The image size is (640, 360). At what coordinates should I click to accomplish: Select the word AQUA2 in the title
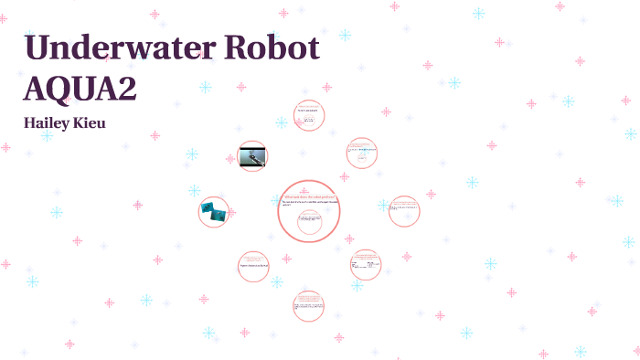tap(82, 89)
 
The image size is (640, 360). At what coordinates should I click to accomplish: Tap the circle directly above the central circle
tap(309, 116)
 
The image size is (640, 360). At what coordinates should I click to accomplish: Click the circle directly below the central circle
tap(309, 305)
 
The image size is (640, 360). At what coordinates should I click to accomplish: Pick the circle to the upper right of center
tap(362, 153)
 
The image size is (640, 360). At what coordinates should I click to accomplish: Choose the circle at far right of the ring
tap(404, 211)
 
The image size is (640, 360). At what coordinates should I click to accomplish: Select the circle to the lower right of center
tap(365, 265)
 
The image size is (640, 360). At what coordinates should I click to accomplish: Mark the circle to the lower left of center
tap(253, 265)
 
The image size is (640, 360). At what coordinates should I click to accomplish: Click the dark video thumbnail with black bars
tap(252, 156)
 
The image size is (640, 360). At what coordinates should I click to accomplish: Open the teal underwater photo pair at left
tap(214, 211)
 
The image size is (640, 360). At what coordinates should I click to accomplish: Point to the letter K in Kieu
tap(83, 122)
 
